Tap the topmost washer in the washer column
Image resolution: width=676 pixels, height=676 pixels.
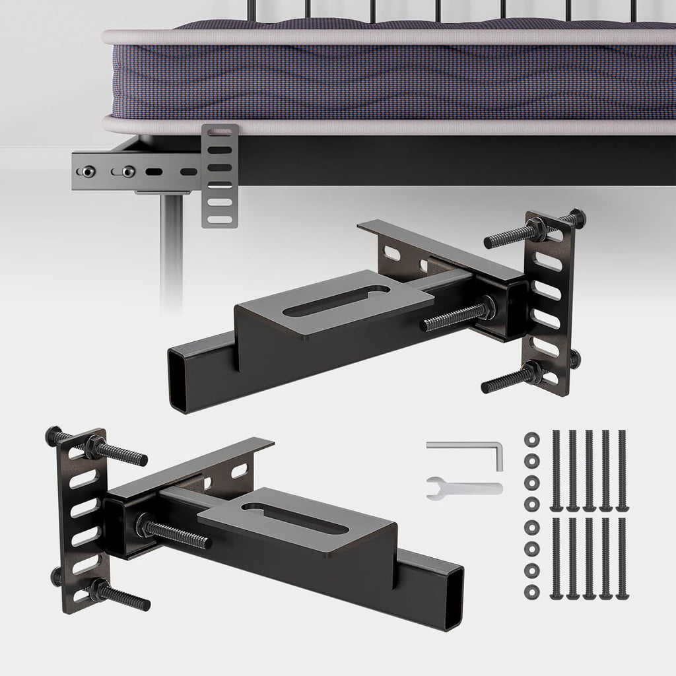point(530,439)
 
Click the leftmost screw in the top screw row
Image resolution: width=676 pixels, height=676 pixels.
point(555,470)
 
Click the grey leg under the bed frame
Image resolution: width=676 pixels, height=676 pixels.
point(171,251)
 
